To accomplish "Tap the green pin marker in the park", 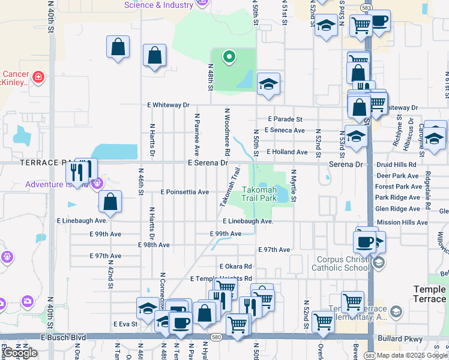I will pyautogui.click(x=228, y=58).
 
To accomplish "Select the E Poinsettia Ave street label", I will pyautogui.click(x=185, y=192).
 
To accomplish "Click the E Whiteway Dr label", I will pyautogui.click(x=168, y=105).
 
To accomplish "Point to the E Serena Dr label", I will pyautogui.click(x=208, y=163).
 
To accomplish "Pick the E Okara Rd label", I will pyautogui.click(x=235, y=266).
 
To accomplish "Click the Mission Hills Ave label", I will pyautogui.click(x=402, y=222).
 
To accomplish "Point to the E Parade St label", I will pyautogui.click(x=285, y=119).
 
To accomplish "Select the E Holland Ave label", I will pyautogui.click(x=287, y=152).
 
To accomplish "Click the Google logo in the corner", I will pyautogui.click(x=20, y=353).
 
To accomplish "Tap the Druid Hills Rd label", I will pyautogui.click(x=396, y=164).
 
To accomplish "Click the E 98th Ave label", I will pyautogui.click(x=154, y=245).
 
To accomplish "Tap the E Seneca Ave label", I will pyautogui.click(x=285, y=130).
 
